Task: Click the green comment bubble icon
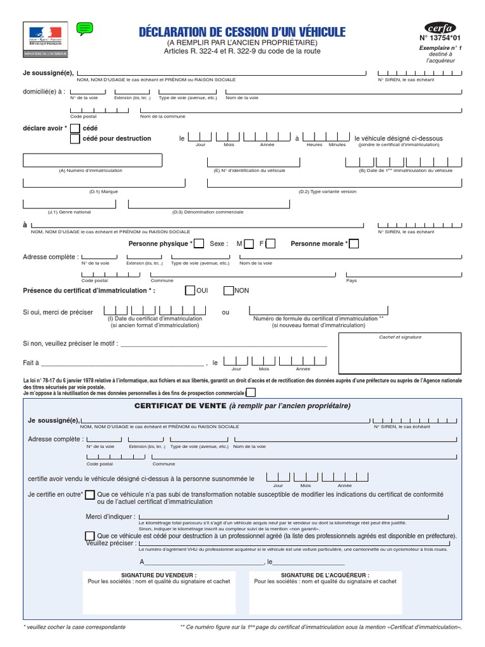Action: pos(85,28)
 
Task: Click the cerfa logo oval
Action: pos(440,28)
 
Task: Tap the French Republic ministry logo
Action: pos(44,35)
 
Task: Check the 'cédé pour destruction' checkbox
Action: pos(75,139)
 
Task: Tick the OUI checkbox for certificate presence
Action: pos(189,291)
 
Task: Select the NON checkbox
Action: pos(229,291)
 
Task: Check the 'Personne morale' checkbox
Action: pos(354,244)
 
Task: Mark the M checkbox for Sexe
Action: pos(249,244)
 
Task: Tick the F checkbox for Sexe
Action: pos(270,244)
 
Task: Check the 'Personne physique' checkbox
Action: pos(199,244)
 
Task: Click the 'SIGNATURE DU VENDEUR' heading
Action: pos(159,575)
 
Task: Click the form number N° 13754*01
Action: pos(440,39)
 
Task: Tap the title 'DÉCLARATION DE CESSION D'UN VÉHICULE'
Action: pos(242,32)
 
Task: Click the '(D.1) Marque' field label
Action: pos(103,191)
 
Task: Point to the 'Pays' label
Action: pos(352,281)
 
